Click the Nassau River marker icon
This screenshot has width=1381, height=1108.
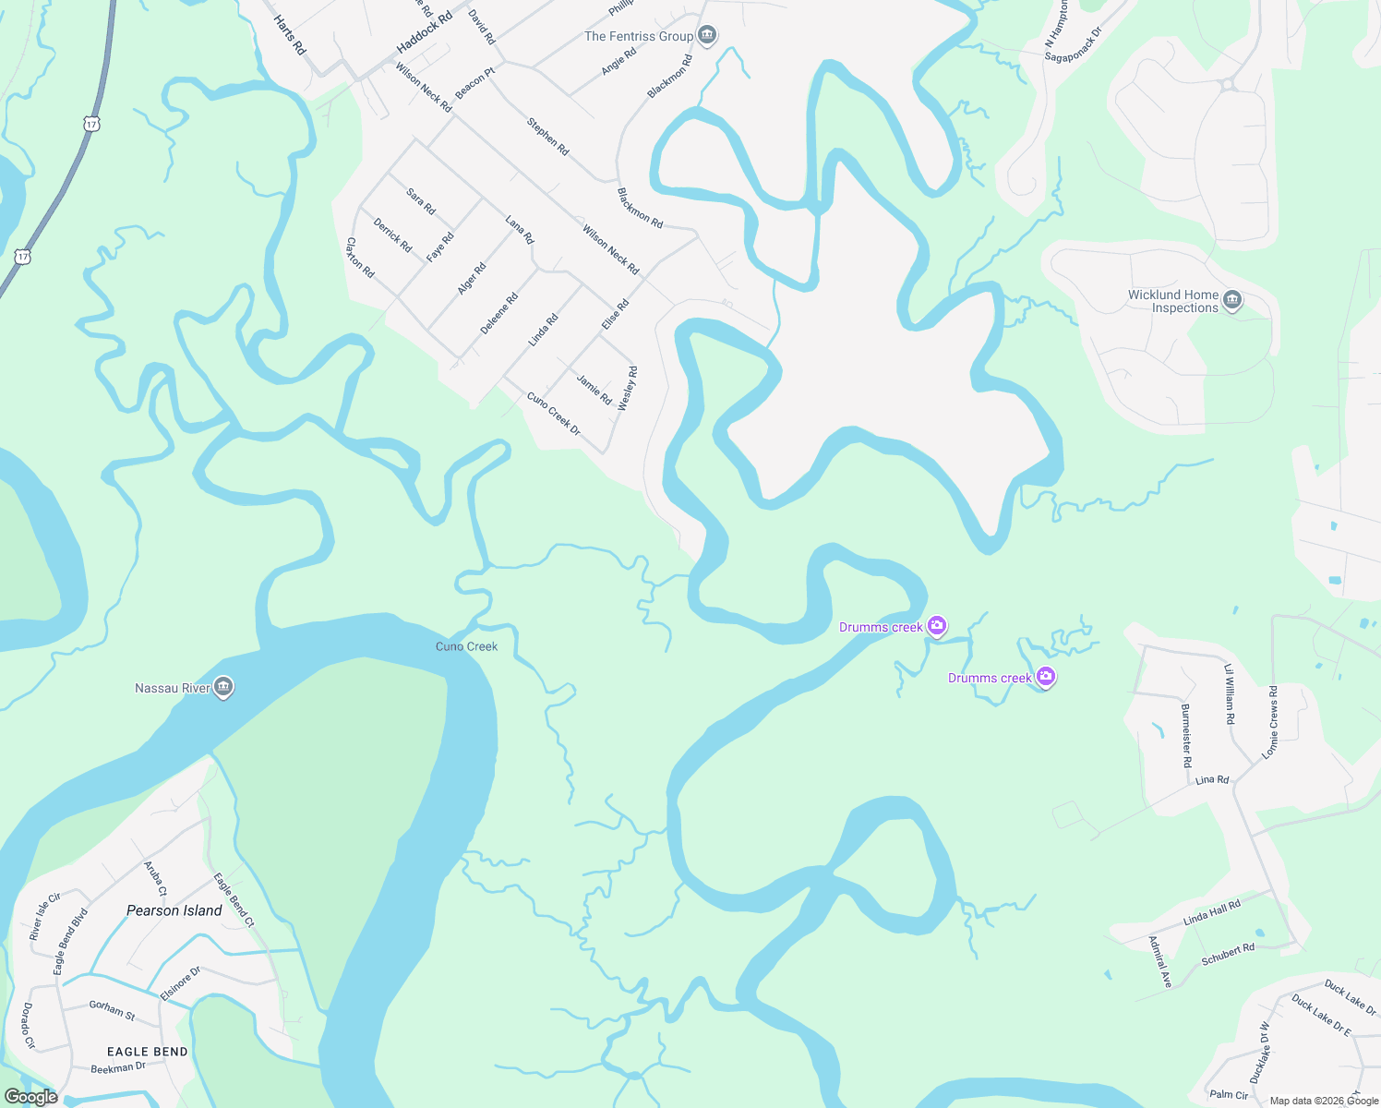pos(222,687)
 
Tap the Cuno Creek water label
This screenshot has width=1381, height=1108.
pos(466,646)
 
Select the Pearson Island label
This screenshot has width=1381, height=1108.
pos(174,910)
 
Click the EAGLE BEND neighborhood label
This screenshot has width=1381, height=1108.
pos(148,1052)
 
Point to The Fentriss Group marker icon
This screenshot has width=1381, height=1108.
pos(707,36)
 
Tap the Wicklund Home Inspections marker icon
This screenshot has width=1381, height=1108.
pos(1232,300)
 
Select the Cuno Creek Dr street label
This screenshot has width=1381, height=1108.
pos(554,414)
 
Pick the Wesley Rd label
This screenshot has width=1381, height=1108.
pos(628,389)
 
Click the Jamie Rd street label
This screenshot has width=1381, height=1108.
pos(594,390)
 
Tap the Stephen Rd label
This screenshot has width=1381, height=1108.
pos(548,137)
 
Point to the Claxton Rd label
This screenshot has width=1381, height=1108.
pos(360,258)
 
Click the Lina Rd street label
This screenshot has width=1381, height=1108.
pos(1212,780)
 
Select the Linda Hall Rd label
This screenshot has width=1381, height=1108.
pos(1212,913)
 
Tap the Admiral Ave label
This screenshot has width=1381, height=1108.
pos(1160,962)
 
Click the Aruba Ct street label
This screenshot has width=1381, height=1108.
pos(155,879)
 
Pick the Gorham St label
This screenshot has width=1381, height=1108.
pos(112,1010)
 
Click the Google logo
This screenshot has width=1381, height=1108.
pos(31,1097)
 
